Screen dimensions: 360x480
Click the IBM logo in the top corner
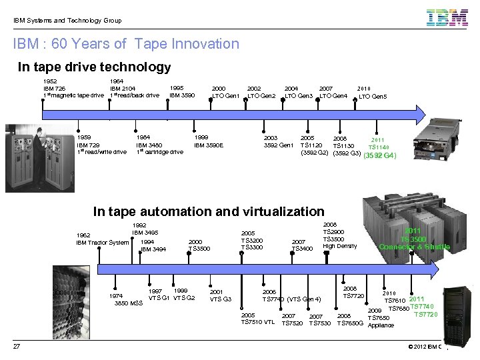click(447, 17)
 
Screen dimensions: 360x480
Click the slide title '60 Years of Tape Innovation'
click(126, 44)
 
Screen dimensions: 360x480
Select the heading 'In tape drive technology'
click(94, 67)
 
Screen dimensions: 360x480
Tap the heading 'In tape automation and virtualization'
click(209, 211)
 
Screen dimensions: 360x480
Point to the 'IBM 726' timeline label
click(55, 88)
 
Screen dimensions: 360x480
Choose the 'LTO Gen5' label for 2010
click(373, 97)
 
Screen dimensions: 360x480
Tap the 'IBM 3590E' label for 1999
click(209, 145)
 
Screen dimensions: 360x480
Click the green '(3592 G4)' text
click(380, 156)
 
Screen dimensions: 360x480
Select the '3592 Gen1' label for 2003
click(278, 145)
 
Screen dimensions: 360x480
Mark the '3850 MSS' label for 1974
click(128, 303)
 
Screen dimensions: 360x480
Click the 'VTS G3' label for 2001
click(220, 299)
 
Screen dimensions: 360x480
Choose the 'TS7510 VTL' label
click(257, 323)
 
